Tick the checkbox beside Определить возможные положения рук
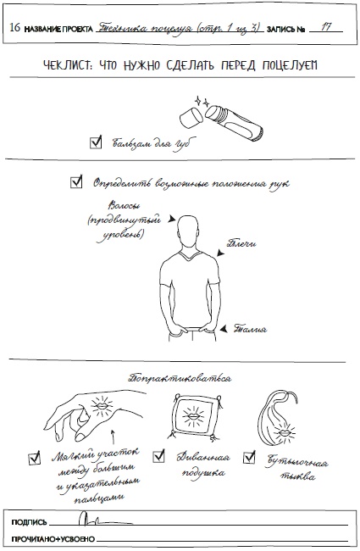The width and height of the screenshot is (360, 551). point(76,181)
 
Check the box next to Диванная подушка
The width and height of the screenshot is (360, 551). point(158,456)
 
